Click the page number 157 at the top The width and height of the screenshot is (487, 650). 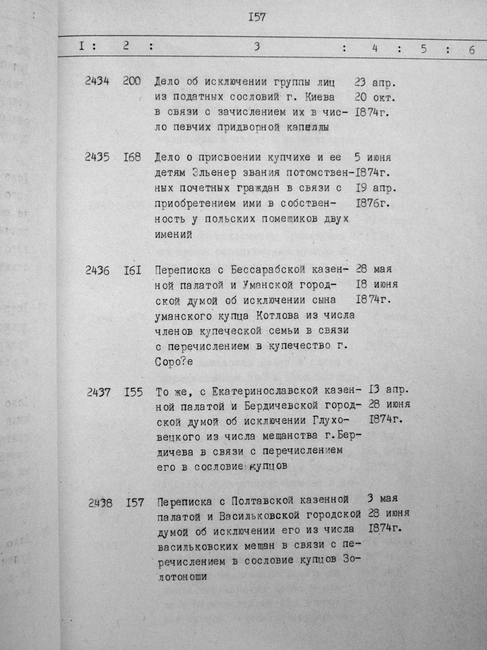(257, 17)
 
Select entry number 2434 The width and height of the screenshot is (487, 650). (97, 81)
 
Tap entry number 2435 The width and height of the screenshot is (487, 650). (97, 157)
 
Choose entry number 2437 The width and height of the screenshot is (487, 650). (99, 392)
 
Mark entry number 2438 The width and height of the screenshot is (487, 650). (100, 503)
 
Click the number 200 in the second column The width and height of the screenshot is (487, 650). (132, 81)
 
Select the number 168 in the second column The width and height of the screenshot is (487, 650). (132, 157)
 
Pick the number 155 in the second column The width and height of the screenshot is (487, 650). (133, 392)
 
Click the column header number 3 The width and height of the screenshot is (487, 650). (257, 47)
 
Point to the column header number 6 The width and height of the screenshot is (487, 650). (471, 50)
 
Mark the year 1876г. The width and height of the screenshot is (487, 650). (373, 203)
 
